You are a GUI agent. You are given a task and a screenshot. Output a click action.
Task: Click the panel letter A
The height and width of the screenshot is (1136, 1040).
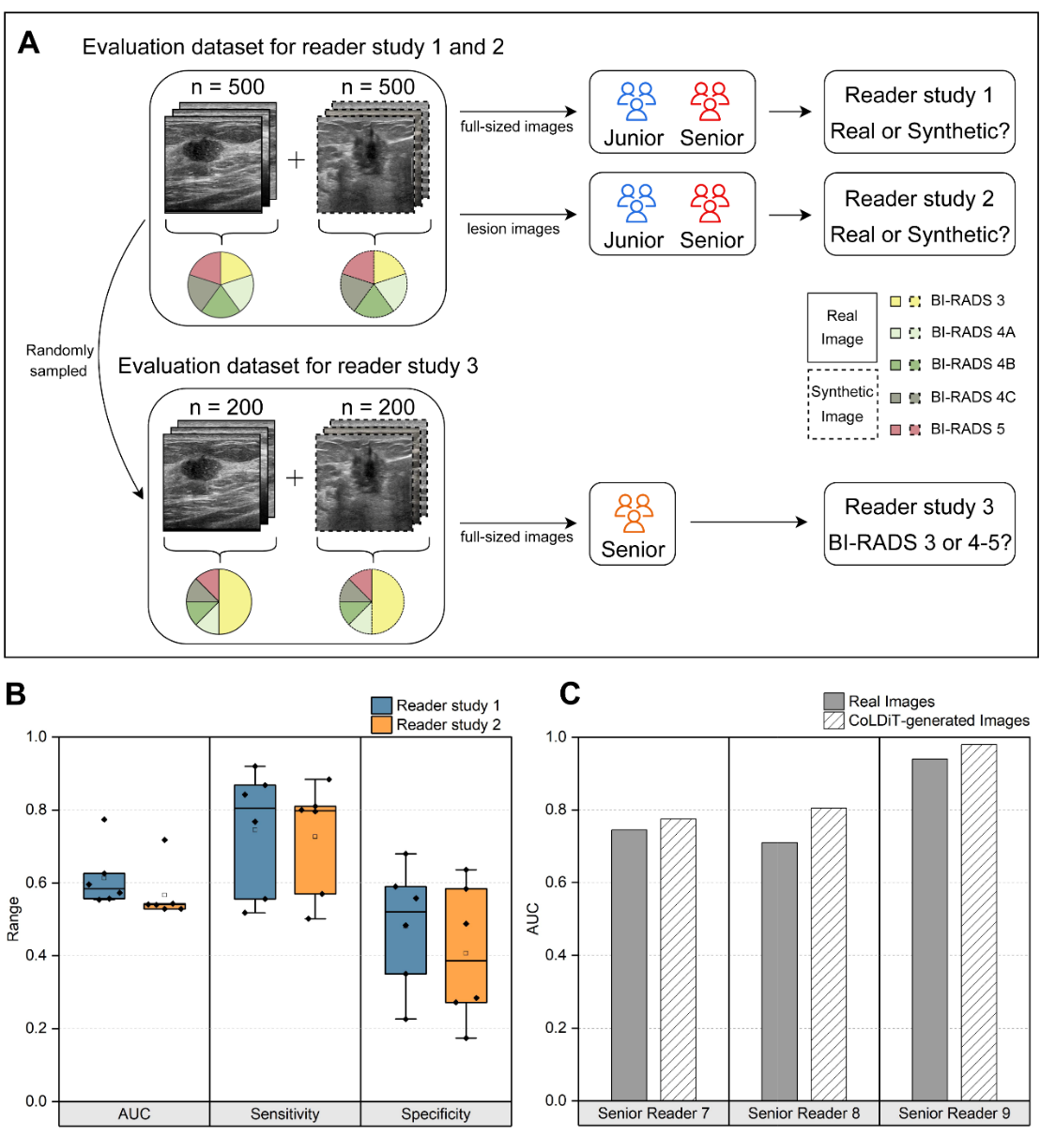coord(28,43)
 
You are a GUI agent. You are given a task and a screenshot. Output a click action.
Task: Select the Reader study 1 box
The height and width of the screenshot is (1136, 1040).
coord(919,113)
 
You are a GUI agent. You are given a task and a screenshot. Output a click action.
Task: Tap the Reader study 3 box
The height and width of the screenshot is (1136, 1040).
coord(919,524)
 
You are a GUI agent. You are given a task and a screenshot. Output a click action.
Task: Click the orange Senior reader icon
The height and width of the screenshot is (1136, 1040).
coord(634,512)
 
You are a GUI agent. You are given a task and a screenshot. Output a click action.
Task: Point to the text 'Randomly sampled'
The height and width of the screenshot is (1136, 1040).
coord(59,360)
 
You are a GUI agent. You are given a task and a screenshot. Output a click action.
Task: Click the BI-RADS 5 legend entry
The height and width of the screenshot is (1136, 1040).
coord(948,429)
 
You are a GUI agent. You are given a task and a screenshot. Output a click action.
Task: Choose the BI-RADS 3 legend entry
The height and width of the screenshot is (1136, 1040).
coord(948,300)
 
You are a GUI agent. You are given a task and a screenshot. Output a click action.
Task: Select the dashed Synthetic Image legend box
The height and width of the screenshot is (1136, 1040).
coord(842,404)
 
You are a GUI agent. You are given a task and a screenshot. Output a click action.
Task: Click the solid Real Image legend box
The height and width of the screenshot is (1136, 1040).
coord(842,327)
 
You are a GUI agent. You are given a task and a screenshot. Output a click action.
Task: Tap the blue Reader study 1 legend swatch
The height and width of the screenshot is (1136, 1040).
coord(381,705)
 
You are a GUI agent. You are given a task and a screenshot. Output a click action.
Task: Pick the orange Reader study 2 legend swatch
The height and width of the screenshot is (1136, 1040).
coord(381,725)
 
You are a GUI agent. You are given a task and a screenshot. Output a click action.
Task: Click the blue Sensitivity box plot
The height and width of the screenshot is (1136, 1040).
coord(254,841)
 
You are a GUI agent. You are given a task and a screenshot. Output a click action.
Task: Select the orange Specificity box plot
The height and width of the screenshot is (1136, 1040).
coord(466,946)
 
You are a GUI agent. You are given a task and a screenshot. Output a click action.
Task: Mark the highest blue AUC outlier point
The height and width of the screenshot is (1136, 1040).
coord(104,820)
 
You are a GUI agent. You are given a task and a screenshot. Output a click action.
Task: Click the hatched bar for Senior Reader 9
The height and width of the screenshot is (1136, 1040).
coord(979,921)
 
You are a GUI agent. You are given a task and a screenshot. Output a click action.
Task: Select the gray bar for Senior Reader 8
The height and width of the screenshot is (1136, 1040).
coord(779,971)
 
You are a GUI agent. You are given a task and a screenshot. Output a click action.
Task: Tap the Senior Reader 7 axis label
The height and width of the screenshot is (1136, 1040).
coord(653,1113)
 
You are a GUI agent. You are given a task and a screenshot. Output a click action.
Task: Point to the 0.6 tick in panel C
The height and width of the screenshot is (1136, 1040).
coord(557,883)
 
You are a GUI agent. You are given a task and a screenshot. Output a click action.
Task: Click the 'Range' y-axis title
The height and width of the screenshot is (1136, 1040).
coord(13,918)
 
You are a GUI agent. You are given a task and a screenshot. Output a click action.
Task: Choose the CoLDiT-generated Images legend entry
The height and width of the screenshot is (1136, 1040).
coord(926,720)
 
